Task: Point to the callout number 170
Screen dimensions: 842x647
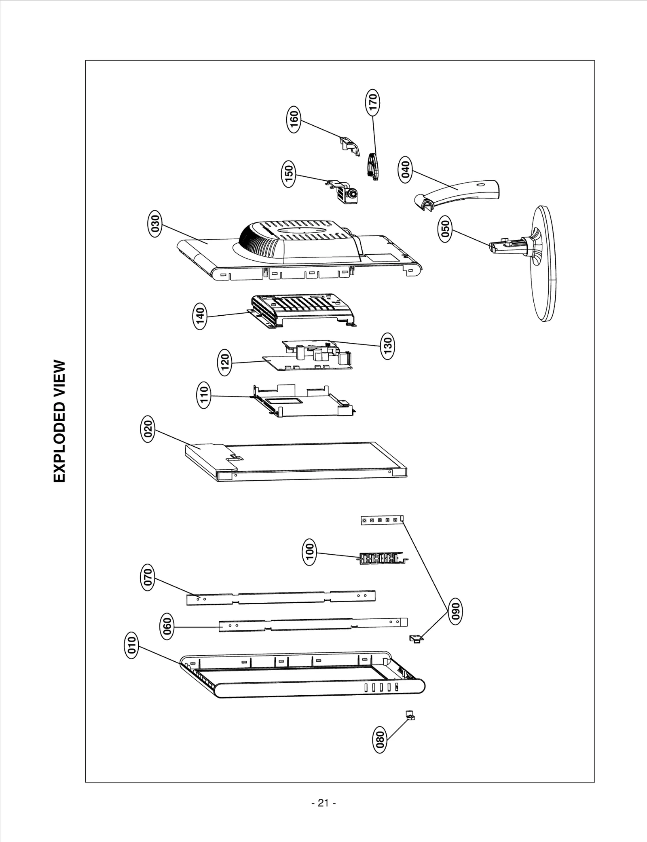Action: coord(372,102)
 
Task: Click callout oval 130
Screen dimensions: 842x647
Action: coord(387,346)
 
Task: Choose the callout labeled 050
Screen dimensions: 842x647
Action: coord(445,229)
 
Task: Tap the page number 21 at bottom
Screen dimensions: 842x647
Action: coord(323,803)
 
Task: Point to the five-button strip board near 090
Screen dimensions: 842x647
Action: coord(382,520)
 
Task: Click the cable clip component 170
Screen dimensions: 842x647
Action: coord(373,166)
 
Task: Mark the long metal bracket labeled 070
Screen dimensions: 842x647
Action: coord(281,598)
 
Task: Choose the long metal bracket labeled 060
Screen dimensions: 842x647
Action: coord(313,624)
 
